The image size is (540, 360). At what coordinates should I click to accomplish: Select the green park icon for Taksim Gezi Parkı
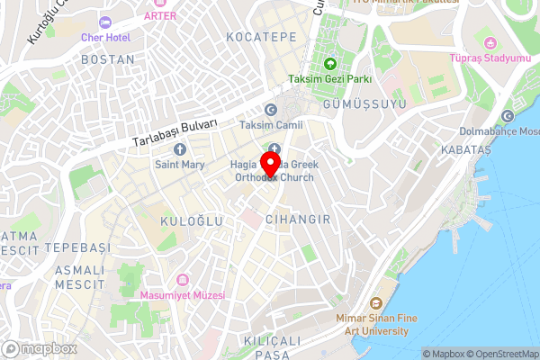click(x=330, y=63)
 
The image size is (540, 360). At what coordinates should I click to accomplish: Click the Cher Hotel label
click(x=107, y=38)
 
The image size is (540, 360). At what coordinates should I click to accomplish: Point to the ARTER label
click(x=159, y=15)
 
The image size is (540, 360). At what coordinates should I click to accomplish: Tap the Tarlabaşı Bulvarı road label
click(x=175, y=131)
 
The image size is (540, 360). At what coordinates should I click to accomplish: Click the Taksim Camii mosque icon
click(x=269, y=109)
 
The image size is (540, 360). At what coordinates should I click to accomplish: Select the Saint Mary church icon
click(x=179, y=148)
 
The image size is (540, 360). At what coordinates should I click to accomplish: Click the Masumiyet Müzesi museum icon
click(x=184, y=279)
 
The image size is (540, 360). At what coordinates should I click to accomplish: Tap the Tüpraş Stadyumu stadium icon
click(x=490, y=42)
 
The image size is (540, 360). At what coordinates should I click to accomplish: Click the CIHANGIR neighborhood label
click(x=301, y=220)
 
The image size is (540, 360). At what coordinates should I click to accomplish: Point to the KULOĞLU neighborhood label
click(x=185, y=220)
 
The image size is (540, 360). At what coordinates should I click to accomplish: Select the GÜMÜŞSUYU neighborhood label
click(x=369, y=105)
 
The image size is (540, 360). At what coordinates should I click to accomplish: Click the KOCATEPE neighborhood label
click(x=262, y=37)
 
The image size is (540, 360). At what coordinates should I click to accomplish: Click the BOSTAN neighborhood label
click(x=107, y=59)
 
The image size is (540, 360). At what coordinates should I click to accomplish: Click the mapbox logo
click(x=39, y=348)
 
